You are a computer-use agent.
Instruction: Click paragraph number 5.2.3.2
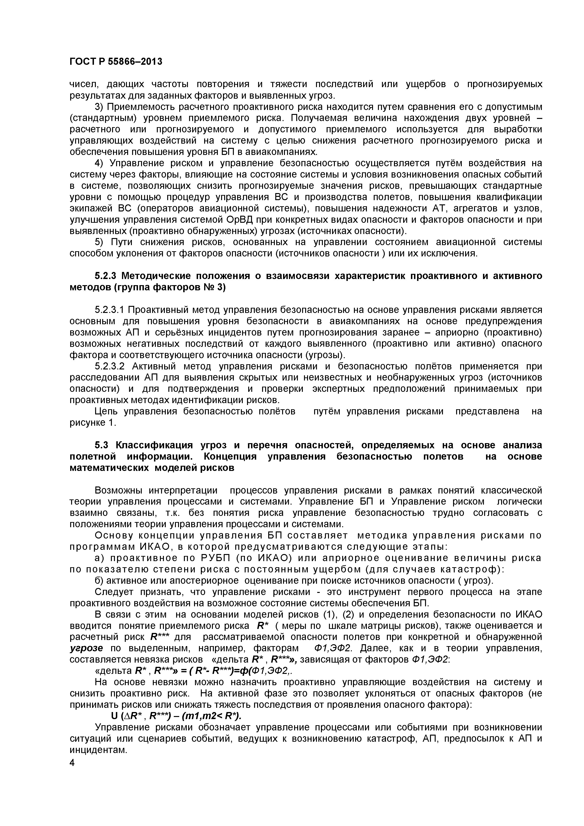tap(109, 366)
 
